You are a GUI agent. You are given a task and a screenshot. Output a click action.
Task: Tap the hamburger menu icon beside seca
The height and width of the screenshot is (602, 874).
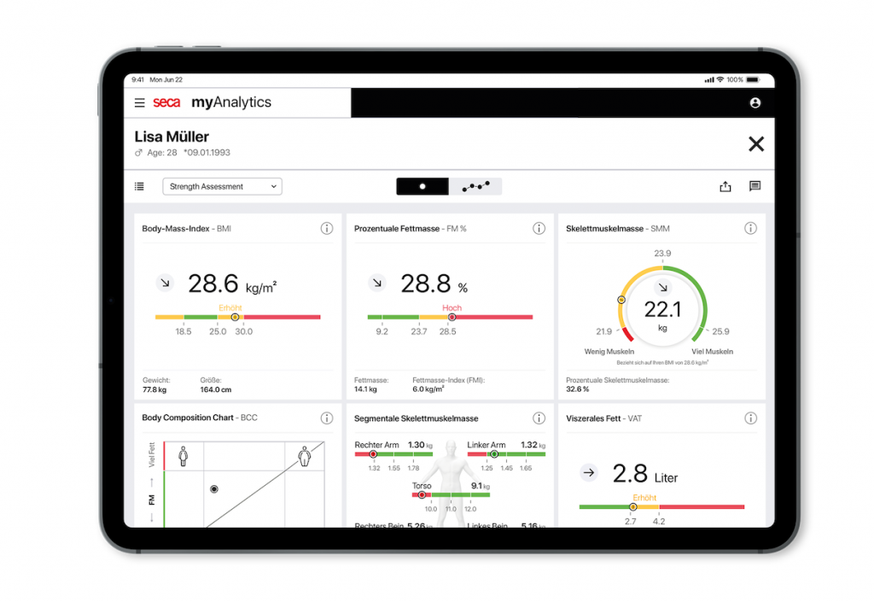(x=140, y=103)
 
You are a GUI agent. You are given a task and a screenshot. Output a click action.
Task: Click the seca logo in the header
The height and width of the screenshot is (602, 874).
(x=166, y=103)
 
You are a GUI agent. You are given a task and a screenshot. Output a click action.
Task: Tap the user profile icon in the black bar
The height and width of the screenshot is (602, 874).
(x=755, y=103)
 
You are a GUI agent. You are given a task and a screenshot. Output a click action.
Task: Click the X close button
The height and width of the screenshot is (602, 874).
(x=755, y=144)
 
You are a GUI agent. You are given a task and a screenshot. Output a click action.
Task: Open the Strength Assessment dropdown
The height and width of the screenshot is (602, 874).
(x=223, y=186)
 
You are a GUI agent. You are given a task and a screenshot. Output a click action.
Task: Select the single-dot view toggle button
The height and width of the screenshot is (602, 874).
(x=422, y=186)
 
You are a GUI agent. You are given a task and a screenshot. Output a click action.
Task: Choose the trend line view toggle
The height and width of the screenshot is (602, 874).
(x=475, y=186)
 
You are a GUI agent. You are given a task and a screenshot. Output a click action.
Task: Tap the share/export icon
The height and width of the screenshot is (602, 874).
(x=725, y=186)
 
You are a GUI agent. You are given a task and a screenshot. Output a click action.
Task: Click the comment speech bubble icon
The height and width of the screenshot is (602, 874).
(x=755, y=186)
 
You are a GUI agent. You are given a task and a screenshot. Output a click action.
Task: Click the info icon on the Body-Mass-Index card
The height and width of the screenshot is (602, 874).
(x=327, y=228)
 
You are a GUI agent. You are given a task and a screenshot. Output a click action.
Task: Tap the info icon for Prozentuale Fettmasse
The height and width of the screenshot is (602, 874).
(x=539, y=228)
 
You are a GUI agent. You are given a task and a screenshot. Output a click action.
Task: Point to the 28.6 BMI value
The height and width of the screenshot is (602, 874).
(x=214, y=284)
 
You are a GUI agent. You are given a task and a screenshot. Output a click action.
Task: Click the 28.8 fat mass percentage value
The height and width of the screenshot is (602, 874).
(x=426, y=284)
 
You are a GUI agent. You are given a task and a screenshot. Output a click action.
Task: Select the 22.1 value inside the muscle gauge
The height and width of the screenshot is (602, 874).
(x=661, y=308)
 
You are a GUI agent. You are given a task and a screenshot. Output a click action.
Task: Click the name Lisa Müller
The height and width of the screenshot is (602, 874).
(x=172, y=137)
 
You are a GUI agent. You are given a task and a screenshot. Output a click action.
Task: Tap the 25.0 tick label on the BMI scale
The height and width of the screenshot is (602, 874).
(x=218, y=331)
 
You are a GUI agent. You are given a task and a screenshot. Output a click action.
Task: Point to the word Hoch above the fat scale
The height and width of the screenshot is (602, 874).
(x=452, y=308)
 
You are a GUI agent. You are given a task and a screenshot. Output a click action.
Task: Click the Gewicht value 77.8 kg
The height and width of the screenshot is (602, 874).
(x=154, y=389)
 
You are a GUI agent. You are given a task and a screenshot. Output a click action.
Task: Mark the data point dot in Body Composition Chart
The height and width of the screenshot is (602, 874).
(x=214, y=489)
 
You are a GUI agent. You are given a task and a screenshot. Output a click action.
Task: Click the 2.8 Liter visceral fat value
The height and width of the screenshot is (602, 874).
(x=632, y=475)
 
